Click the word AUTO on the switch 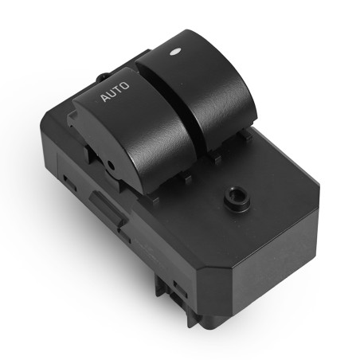pyautogui.click(x=115, y=92)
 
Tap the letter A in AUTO pyautogui.click(x=104, y=97)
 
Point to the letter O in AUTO pyautogui.click(x=124, y=85)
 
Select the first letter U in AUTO pyautogui.click(x=112, y=93)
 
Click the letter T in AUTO pyautogui.click(x=117, y=89)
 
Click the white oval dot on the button pyautogui.click(x=175, y=52)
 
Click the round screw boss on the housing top pyautogui.click(x=237, y=198)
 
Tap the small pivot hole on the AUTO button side pyautogui.click(x=111, y=166)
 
